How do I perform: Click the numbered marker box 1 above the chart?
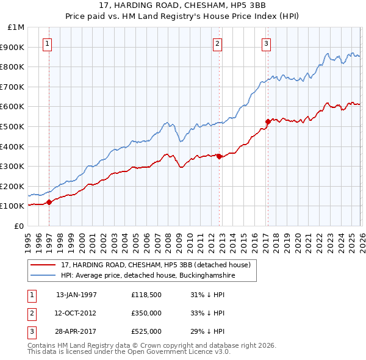coord(47,43)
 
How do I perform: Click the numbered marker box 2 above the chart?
coord(217,43)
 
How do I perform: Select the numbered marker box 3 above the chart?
coord(267,43)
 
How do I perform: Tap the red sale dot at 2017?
coord(267,121)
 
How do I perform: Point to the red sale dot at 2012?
coord(219,156)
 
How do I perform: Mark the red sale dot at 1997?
coord(49,203)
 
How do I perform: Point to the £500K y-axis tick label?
coord(13,126)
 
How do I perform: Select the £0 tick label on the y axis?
coord(20,226)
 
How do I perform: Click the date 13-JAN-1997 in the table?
coord(76,295)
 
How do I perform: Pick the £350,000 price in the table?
coord(146,313)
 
